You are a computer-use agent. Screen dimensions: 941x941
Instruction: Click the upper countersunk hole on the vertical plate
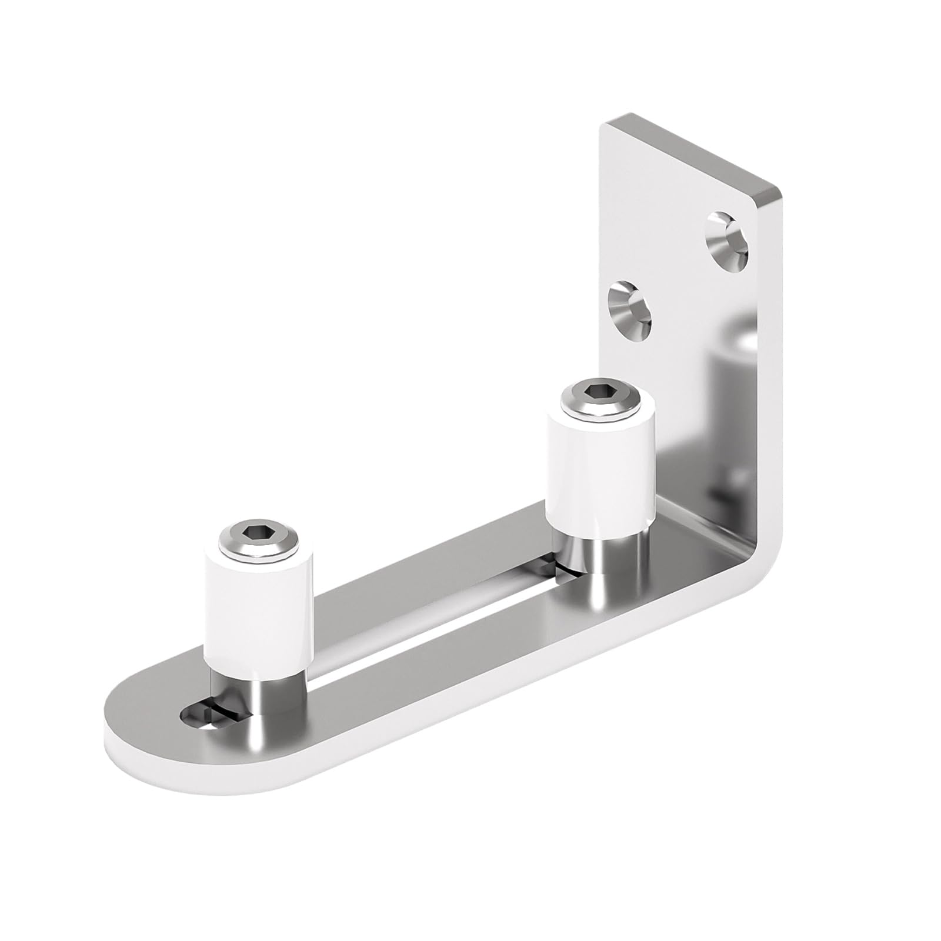click(728, 240)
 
